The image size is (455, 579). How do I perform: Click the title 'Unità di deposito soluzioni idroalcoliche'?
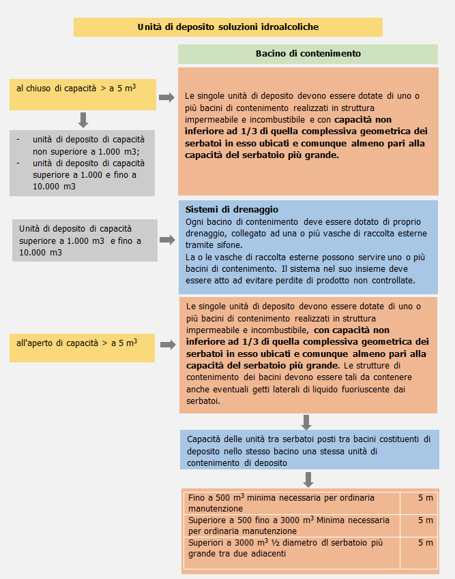228,27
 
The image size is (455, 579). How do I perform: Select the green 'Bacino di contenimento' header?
308,54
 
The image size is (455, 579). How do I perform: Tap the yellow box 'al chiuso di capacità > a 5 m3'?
83,95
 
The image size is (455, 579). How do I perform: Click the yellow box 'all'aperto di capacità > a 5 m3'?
83,347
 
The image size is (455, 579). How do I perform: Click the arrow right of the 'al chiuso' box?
166,97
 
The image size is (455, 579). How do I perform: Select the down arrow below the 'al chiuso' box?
83,120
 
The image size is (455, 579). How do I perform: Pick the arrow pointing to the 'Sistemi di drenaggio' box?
166,240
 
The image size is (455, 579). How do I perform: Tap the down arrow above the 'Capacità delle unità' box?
307,422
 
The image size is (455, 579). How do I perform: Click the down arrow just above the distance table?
308,478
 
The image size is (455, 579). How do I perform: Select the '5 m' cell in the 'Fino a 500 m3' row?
425,498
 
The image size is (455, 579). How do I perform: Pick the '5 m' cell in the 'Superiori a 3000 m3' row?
425,543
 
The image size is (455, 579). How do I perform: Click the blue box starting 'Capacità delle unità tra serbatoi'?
309,449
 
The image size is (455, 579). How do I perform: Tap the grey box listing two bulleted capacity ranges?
83,162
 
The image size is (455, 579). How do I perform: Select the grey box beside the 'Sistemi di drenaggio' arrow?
85,240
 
